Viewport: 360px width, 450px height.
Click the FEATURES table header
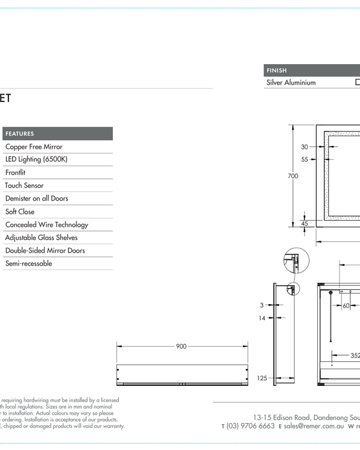20,134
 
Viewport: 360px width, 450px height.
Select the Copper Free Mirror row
34,146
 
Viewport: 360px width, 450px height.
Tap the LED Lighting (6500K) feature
37,160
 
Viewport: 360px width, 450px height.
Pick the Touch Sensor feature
25,185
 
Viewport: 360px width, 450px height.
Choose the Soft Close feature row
20,211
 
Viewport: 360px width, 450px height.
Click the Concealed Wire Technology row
47,224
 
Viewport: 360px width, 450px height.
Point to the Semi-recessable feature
29,263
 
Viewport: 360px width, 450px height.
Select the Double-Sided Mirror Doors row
45,250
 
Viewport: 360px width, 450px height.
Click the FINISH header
277,71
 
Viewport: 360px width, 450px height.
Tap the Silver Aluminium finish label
291,83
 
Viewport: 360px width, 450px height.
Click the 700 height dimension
293,176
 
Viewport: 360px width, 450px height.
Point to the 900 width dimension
182,346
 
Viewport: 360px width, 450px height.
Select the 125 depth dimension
262,378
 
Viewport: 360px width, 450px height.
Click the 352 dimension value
355,355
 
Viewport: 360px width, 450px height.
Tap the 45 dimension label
304,223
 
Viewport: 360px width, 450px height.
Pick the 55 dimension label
304,160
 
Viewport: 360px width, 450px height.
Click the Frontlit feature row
15,172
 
